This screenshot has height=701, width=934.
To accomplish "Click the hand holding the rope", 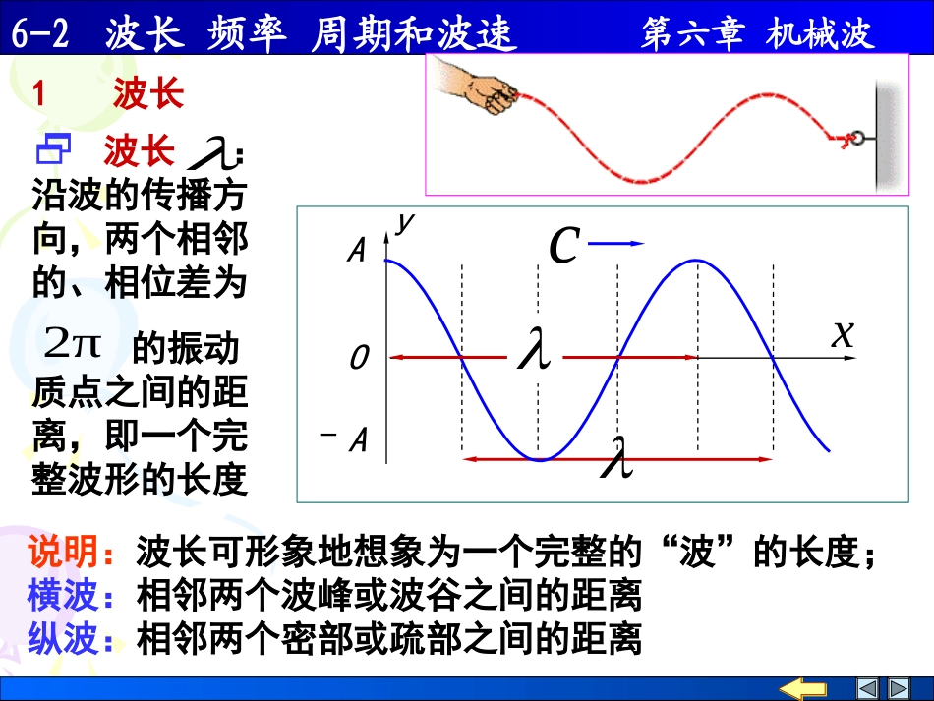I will (476, 88).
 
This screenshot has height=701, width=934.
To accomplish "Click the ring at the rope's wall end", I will (856, 139).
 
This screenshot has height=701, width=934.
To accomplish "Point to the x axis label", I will (843, 334).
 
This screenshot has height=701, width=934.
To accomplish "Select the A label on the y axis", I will (357, 252).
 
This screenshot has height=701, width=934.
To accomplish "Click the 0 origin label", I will (359, 359).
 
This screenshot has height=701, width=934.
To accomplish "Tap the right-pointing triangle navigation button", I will (898, 688).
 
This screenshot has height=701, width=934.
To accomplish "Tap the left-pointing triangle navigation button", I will (867, 688).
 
